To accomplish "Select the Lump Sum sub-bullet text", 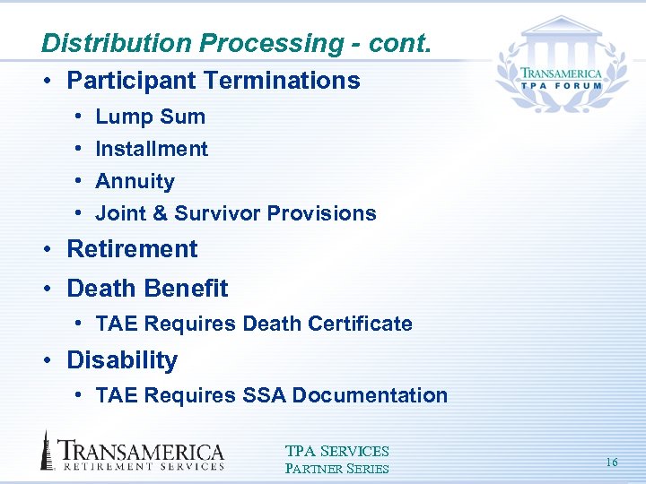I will coord(150,117).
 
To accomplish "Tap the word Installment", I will coord(152,149).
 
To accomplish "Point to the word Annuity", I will coord(135,181).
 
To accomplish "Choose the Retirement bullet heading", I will coord(132,249).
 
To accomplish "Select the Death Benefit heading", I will coord(147,289).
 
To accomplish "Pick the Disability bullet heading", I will coord(122,360).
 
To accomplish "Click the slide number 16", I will coord(612,462).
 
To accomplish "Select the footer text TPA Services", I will coord(336,452).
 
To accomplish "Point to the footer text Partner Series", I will coord(336,468).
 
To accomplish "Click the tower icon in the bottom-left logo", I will coord(47,450).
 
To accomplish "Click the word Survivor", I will coord(213,213).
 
